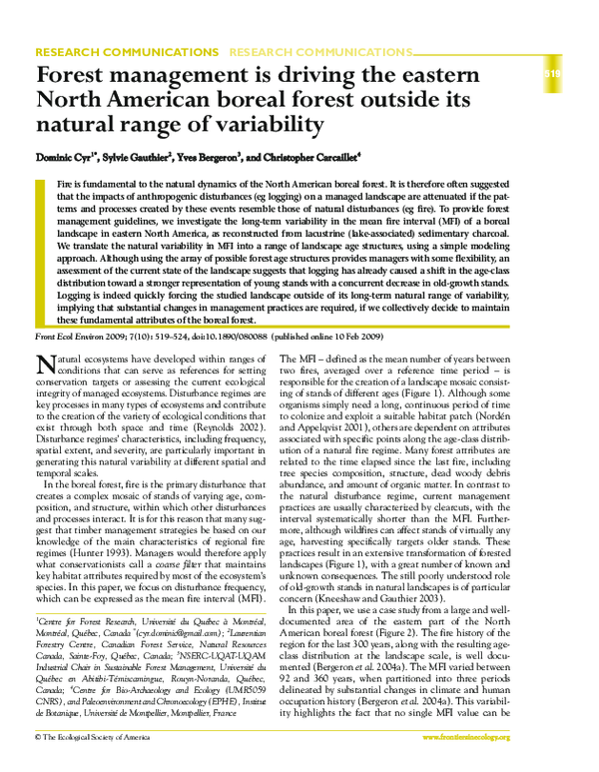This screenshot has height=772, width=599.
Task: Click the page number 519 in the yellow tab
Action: [552, 74]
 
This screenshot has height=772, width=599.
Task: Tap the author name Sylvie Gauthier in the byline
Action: [138, 157]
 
